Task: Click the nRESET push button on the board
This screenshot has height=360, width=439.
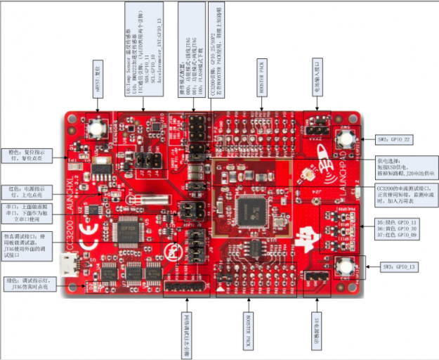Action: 96,129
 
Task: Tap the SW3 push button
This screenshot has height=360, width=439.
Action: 345,267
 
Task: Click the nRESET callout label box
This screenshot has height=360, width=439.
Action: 98,74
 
